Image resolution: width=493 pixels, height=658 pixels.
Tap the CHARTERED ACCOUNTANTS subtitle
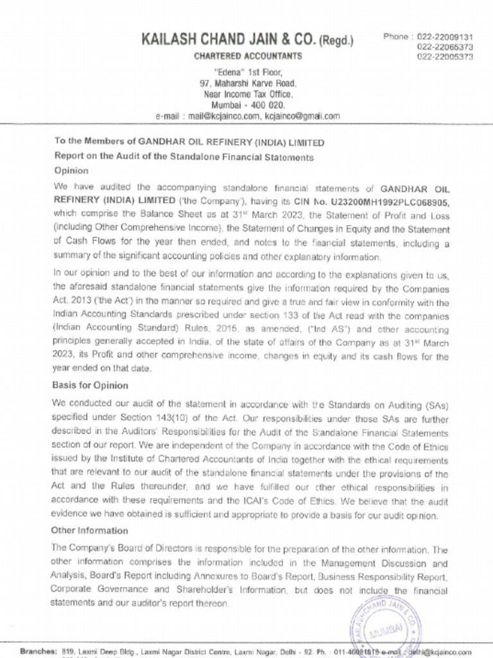tap(248, 56)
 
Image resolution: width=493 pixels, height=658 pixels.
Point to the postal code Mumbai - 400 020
tap(248, 105)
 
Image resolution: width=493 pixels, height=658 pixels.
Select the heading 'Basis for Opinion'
tap(90, 386)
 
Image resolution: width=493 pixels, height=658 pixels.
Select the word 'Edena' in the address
tap(228, 72)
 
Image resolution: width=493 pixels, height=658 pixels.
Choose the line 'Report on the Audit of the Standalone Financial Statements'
tap(184, 156)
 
